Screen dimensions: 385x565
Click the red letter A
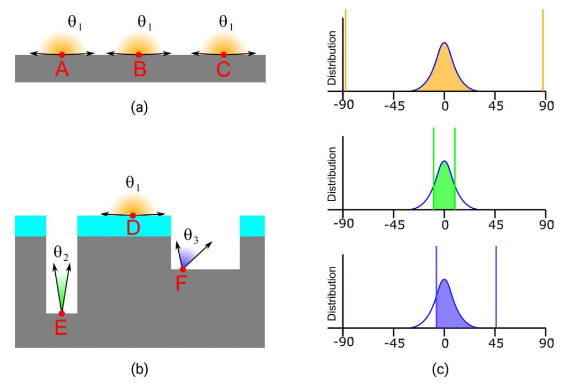[62, 70]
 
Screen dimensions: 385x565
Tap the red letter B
[138, 70]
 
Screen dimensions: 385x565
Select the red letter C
[223, 70]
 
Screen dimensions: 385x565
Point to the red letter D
[132, 227]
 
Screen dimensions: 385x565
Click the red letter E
[61, 328]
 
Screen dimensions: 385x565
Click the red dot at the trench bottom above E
[61, 313]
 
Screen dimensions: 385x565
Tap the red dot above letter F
[183, 269]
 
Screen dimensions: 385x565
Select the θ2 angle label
[61, 255]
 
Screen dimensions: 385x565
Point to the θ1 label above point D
[132, 183]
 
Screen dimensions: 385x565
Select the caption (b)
[138, 367]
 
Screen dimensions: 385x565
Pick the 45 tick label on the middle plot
[495, 224]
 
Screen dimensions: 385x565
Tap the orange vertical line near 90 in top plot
[543, 50]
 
